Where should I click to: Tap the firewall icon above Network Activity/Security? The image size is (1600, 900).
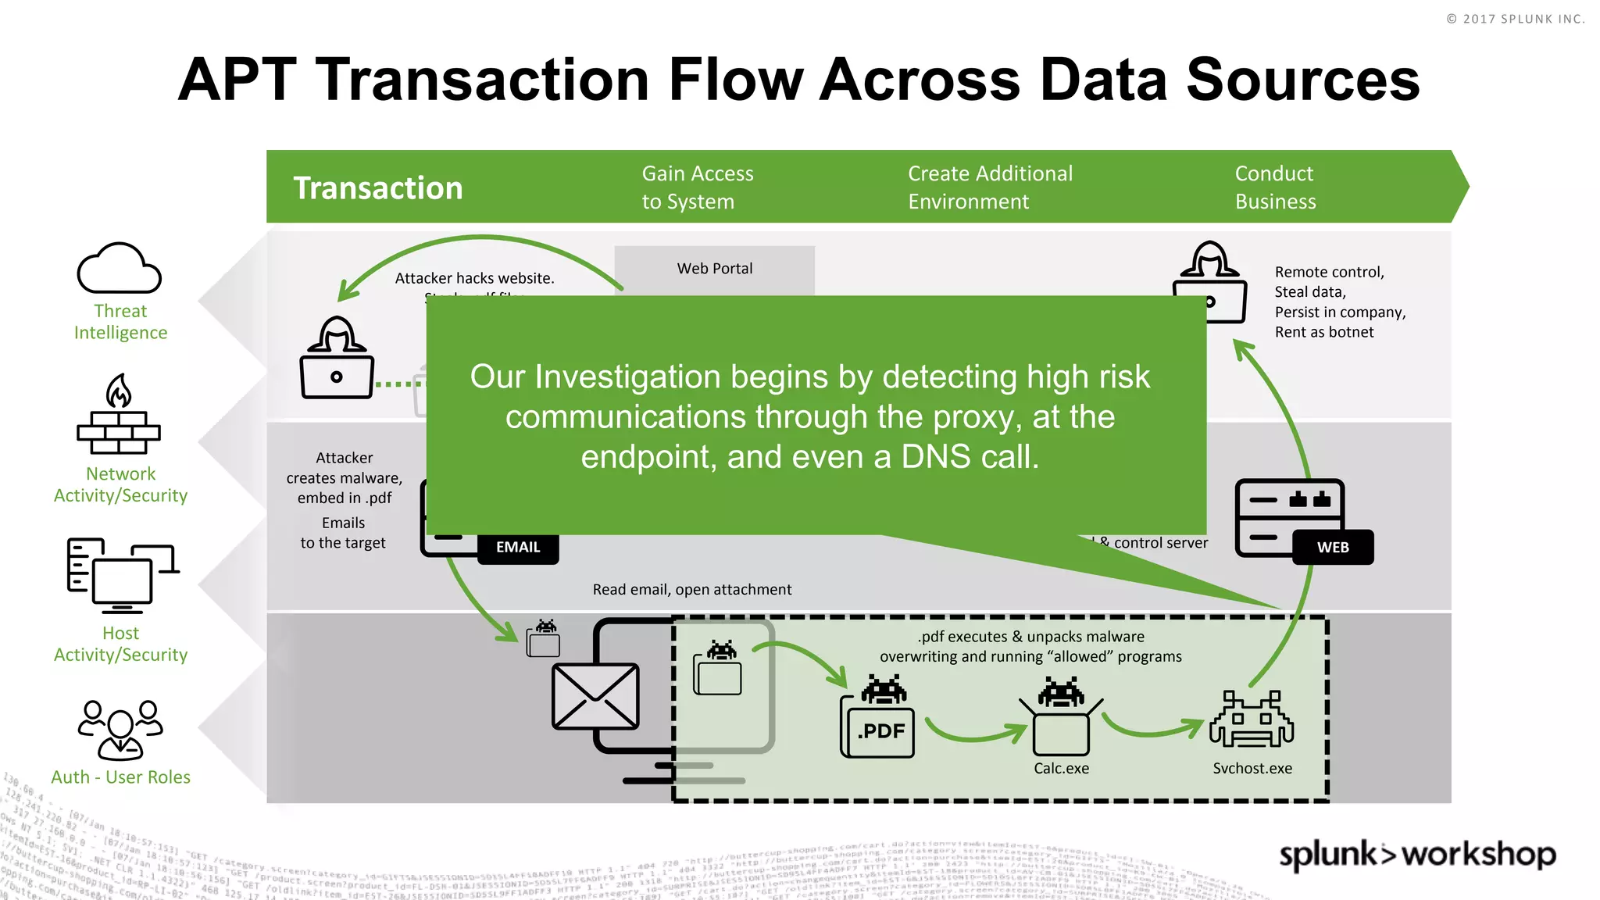tap(119, 416)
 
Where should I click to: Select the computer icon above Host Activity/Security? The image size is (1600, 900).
tap(122, 577)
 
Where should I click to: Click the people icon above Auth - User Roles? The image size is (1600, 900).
tap(120, 730)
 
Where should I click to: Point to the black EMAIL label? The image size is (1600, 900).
tap(518, 548)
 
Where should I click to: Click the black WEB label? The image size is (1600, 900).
tap(1333, 548)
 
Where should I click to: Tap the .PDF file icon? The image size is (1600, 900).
tap(878, 727)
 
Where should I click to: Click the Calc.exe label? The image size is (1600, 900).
tap(1061, 769)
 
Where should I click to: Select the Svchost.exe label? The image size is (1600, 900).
tap(1252, 769)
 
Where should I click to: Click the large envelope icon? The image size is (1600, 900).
tap(595, 696)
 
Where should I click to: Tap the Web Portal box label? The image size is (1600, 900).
tap(715, 269)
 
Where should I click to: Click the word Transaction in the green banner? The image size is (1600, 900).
tap(378, 188)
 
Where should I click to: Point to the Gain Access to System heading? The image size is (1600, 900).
tap(697, 187)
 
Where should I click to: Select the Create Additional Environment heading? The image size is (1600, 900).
tap(990, 187)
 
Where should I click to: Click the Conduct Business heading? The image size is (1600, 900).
tap(1275, 187)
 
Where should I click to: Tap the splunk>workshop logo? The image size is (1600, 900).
tap(1417, 855)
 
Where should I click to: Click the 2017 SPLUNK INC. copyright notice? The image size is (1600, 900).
tap(1515, 19)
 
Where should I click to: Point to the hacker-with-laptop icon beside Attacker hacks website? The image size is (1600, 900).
tap(337, 359)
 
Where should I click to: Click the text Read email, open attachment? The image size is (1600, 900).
tap(691, 590)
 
